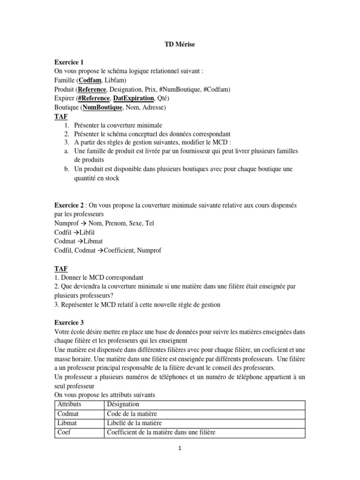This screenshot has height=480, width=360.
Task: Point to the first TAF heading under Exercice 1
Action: tap(61, 116)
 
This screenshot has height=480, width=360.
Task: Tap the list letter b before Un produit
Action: tap(65, 169)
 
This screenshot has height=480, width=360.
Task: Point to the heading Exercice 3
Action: tap(70, 322)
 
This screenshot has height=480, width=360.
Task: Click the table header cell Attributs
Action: tap(69, 404)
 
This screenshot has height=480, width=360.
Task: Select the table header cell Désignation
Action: tap(123, 404)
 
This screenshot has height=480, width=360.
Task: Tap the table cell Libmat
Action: tap(67, 423)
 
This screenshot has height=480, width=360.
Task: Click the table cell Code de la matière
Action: tap(132, 413)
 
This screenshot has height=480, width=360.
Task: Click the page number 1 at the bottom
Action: tap(180, 448)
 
